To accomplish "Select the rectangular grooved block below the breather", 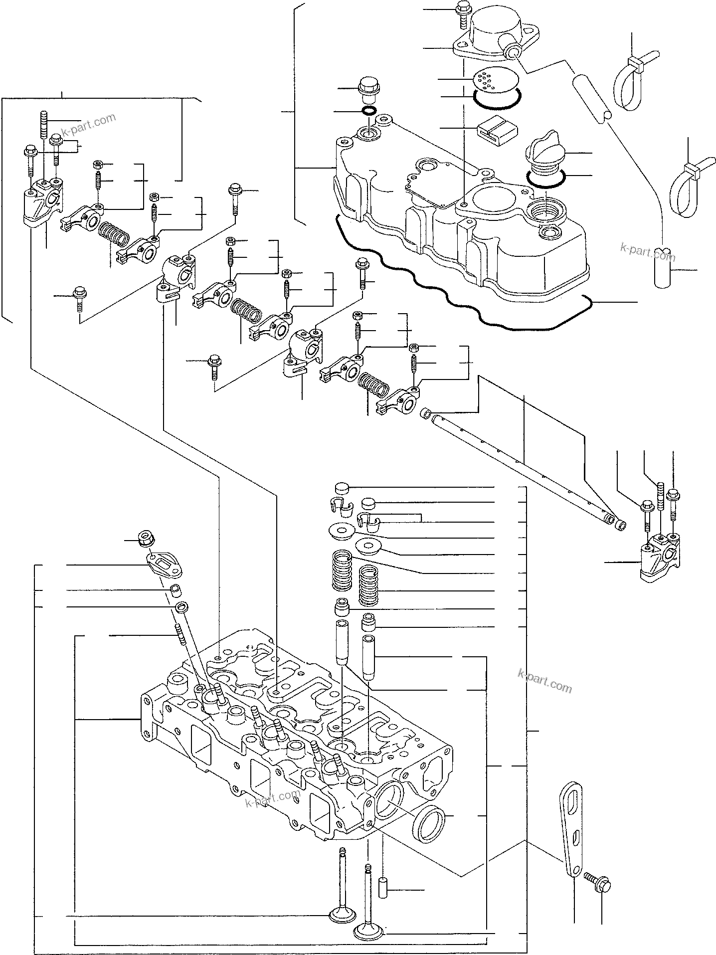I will pos(492,128).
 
